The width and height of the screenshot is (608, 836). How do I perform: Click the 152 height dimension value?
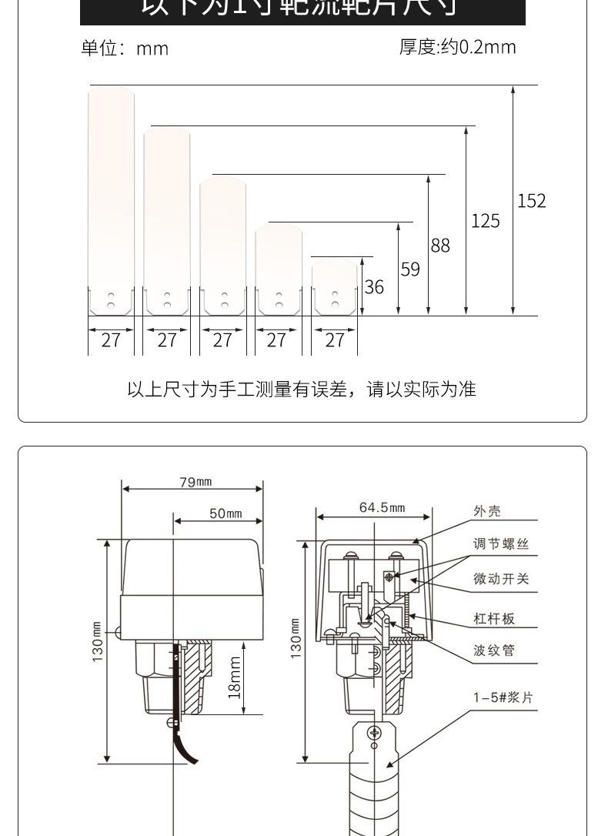[531, 201]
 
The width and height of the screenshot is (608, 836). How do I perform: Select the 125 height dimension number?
[485, 222]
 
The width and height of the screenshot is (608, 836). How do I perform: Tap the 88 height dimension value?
[440, 246]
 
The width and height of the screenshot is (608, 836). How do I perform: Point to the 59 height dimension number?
[410, 269]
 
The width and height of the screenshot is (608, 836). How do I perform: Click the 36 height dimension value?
[374, 287]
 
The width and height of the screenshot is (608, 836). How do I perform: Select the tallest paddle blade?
[112, 200]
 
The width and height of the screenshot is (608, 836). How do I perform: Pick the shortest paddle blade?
[335, 287]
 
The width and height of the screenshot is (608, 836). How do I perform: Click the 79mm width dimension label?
[195, 483]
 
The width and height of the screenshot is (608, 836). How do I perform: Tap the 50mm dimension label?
[225, 513]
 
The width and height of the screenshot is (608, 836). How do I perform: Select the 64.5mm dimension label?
[382, 507]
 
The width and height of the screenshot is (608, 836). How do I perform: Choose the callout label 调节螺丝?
[501, 544]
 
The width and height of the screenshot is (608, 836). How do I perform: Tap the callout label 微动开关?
[501, 579]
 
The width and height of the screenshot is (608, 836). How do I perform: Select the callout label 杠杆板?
[494, 619]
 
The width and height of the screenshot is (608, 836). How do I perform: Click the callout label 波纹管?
[494, 650]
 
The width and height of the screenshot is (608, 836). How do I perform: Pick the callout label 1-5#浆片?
[503, 698]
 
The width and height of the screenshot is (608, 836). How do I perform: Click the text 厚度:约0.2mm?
[457, 47]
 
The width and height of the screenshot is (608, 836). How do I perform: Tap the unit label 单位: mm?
[125, 48]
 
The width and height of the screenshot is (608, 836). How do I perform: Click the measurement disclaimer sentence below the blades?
[302, 390]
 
